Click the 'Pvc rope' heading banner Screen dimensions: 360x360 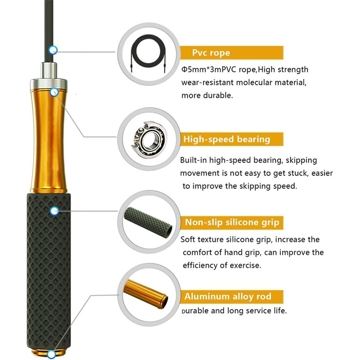tap(231, 53)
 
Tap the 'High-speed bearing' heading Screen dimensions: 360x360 tap(227, 139)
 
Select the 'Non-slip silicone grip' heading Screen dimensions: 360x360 tap(232, 223)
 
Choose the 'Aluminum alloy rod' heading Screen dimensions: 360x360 tap(228, 296)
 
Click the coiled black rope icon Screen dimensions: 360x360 tap(148, 53)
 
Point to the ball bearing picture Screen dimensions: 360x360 tap(149, 139)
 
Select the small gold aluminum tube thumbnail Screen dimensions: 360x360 tap(146, 294)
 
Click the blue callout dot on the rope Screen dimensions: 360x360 tap(53, 50)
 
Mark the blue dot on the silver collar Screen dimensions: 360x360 tap(54, 92)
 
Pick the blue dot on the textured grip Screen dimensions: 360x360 tap(55, 211)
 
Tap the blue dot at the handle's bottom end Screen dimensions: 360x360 tap(51, 354)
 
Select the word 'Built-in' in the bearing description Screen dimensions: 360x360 tap(193, 160)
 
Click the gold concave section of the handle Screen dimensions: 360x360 tap(48, 140)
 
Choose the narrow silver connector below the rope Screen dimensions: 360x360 tap(49, 70)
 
